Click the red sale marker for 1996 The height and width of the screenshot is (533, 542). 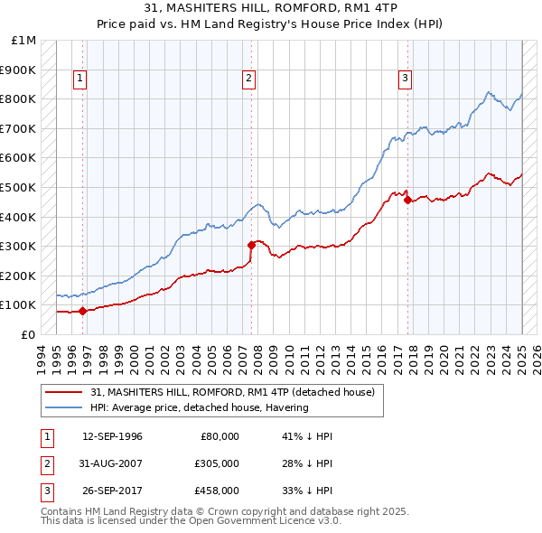[x=82, y=311]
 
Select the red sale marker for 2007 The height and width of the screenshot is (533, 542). [x=251, y=244]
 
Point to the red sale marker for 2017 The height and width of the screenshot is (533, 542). [x=407, y=200]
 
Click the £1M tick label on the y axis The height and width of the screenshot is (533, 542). [x=25, y=40]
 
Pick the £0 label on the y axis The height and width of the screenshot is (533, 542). [x=27, y=334]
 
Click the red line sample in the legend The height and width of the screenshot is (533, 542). [x=65, y=392]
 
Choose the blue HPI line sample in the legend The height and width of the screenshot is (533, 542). [x=65, y=407]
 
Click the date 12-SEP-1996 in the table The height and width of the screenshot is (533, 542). [x=112, y=436]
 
